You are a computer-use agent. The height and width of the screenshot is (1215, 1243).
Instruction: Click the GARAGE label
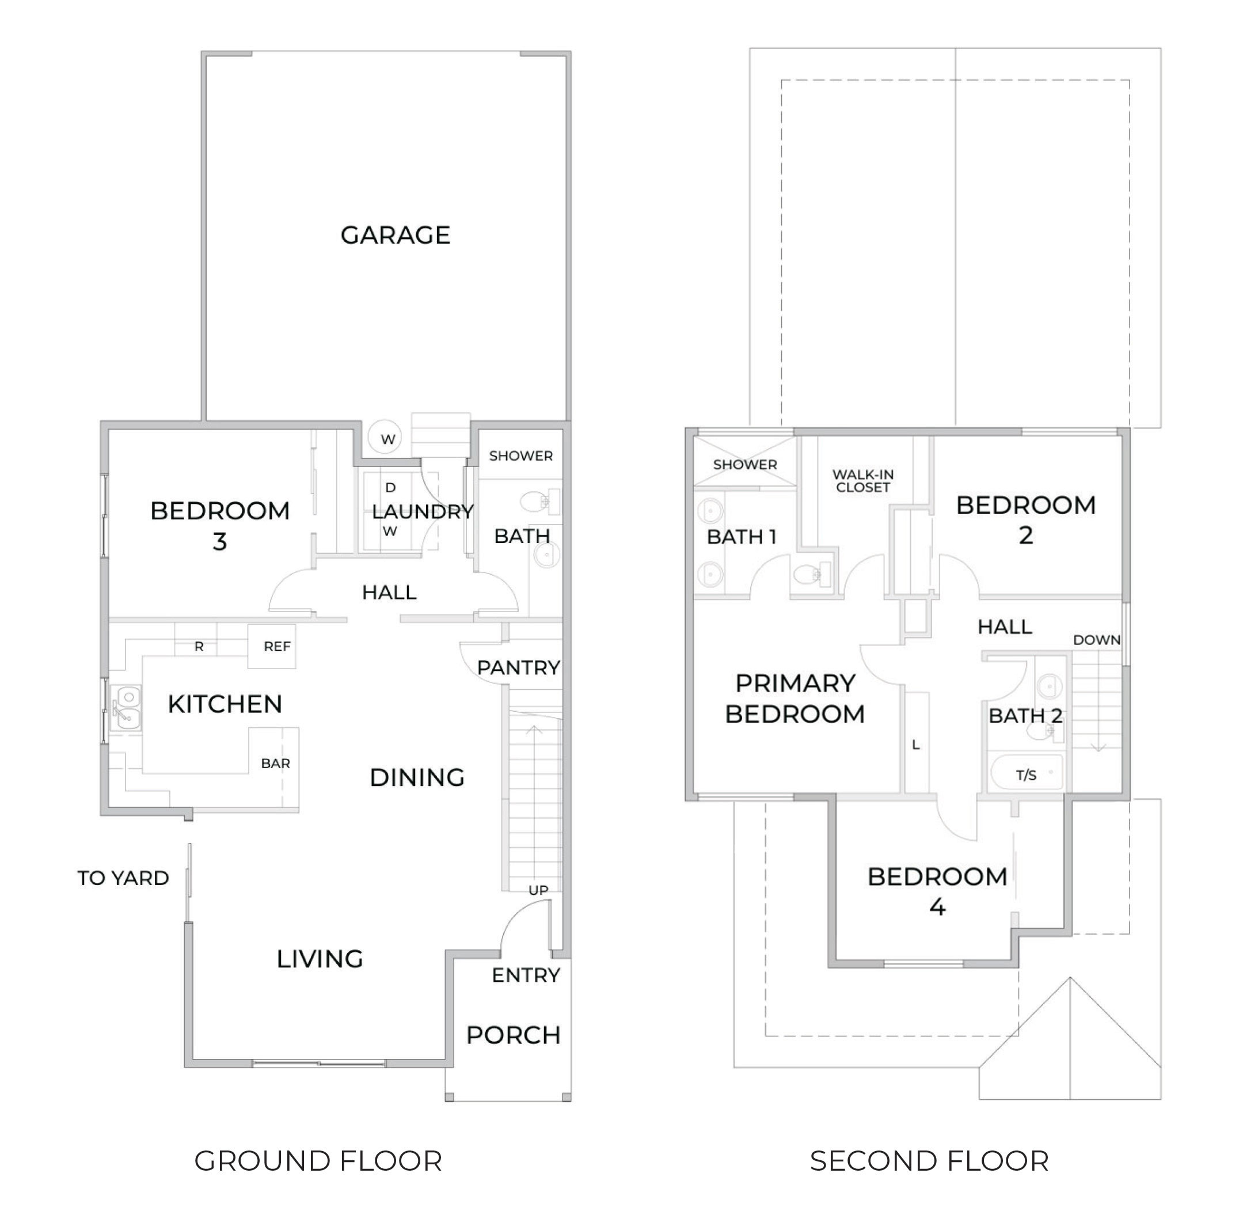(x=395, y=235)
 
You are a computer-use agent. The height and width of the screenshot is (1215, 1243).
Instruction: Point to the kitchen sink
(x=126, y=707)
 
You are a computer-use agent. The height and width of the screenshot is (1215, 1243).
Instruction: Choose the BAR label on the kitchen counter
(x=276, y=763)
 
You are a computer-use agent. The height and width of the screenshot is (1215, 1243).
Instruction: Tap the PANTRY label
(x=518, y=667)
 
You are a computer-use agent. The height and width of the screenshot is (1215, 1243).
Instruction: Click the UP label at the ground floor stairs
(x=538, y=890)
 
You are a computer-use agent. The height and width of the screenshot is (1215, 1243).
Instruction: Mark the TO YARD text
(x=123, y=878)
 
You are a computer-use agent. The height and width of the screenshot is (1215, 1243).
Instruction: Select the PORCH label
(x=513, y=1035)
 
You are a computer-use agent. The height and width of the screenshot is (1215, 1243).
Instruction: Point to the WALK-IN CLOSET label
(x=862, y=480)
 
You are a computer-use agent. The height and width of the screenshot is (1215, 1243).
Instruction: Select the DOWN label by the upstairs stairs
(x=1096, y=640)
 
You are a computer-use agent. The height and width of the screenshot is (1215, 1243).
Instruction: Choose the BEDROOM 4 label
(x=937, y=891)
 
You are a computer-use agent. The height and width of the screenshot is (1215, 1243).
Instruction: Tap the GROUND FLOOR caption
(x=318, y=1161)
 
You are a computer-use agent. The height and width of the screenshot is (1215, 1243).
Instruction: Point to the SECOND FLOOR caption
(x=929, y=1161)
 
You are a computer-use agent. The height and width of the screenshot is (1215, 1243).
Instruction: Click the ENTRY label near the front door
(x=526, y=975)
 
